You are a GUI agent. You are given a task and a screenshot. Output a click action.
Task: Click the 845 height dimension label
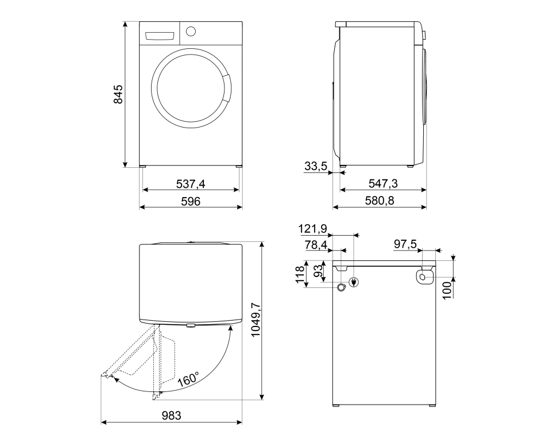(x=118, y=94)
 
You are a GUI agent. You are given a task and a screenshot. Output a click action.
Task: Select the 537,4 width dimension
(x=191, y=184)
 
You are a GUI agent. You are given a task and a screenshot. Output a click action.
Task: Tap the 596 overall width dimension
(x=191, y=201)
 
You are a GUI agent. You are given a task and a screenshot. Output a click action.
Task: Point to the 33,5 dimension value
(x=315, y=167)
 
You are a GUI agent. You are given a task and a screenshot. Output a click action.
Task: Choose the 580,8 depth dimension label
(x=380, y=201)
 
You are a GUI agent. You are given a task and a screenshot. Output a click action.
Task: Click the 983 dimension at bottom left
(x=172, y=416)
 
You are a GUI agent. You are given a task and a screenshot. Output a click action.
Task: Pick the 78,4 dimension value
(x=316, y=245)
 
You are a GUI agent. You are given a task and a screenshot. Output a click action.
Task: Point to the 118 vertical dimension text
(x=300, y=274)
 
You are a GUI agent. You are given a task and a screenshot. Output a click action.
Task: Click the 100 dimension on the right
(x=447, y=289)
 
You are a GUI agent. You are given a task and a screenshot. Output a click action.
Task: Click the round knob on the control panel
(x=191, y=31)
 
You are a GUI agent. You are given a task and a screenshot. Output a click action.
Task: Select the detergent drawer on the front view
(x=160, y=36)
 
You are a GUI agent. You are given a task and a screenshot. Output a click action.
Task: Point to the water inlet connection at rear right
(x=423, y=276)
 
